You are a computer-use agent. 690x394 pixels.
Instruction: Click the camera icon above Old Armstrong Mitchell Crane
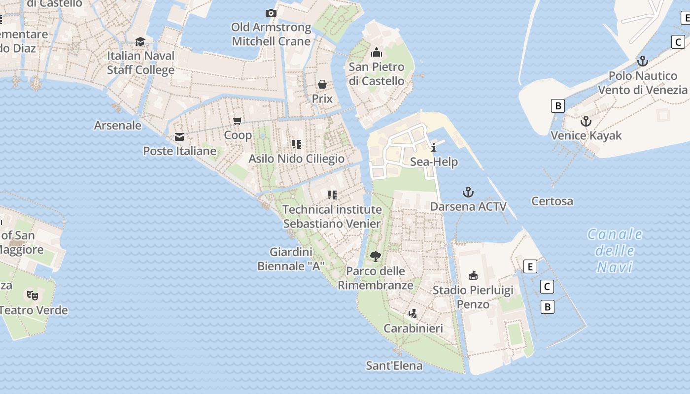click(x=271, y=13)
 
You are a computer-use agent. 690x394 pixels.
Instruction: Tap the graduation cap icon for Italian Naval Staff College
click(x=140, y=41)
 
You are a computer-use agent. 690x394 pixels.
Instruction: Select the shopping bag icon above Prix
click(x=322, y=84)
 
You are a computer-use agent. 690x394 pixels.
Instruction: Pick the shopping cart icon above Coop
click(x=238, y=121)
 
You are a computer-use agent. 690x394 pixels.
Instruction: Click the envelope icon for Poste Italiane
click(x=179, y=137)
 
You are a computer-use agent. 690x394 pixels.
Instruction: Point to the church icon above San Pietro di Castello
click(x=377, y=52)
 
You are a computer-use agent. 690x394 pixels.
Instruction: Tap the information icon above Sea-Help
click(x=434, y=147)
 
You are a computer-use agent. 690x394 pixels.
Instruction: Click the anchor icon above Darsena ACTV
click(x=468, y=192)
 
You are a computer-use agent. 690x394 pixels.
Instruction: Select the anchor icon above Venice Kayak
click(x=586, y=121)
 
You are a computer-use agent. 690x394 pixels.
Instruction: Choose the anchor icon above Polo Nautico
click(x=642, y=62)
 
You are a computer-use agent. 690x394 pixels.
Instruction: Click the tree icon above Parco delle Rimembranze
click(x=376, y=256)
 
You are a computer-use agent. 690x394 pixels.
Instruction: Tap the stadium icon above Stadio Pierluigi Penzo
click(x=473, y=275)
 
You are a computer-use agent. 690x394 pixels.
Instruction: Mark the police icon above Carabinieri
click(x=413, y=313)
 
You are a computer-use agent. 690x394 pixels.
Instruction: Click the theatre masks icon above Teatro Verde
click(x=33, y=295)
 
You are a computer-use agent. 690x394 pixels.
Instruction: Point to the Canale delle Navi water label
click(x=615, y=251)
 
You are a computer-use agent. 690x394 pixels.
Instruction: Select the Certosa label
click(x=552, y=201)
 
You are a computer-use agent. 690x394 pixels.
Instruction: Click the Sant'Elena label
click(x=394, y=365)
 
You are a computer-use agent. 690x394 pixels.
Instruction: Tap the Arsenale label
click(x=118, y=125)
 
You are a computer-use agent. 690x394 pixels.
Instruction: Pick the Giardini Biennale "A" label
click(x=291, y=259)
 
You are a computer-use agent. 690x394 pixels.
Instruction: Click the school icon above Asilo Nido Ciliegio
click(x=296, y=144)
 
